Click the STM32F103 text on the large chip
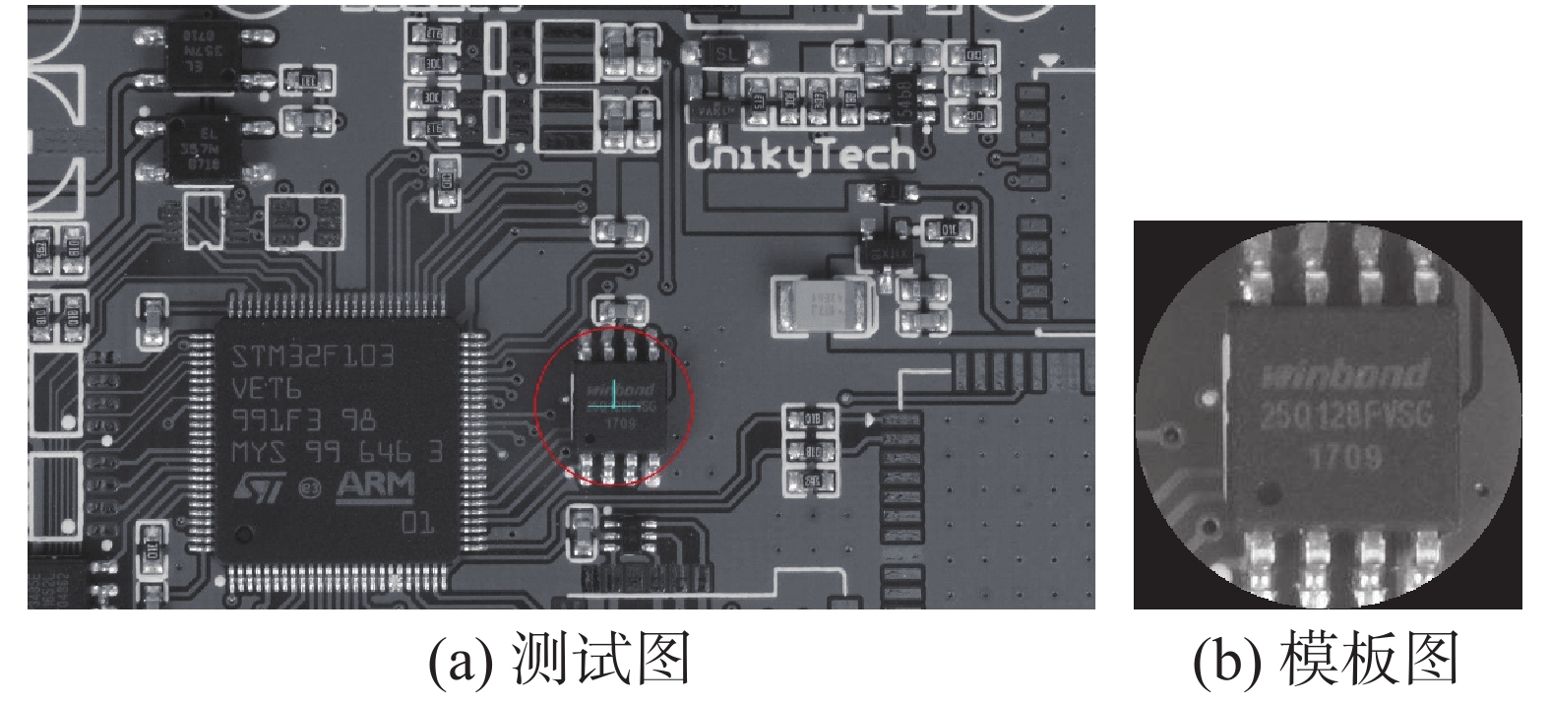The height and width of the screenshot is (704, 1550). (x=313, y=355)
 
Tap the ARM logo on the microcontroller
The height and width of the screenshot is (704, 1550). (x=376, y=485)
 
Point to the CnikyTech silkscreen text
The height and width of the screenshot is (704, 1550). (x=801, y=155)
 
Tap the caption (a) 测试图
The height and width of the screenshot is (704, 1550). (x=558, y=658)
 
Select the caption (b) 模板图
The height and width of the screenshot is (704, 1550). (x=1325, y=658)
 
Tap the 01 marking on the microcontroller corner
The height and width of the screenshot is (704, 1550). (x=417, y=522)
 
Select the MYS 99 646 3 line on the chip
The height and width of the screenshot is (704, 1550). (x=336, y=453)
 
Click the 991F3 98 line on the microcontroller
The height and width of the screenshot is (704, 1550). (x=302, y=420)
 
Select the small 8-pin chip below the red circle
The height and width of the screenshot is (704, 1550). (x=630, y=538)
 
